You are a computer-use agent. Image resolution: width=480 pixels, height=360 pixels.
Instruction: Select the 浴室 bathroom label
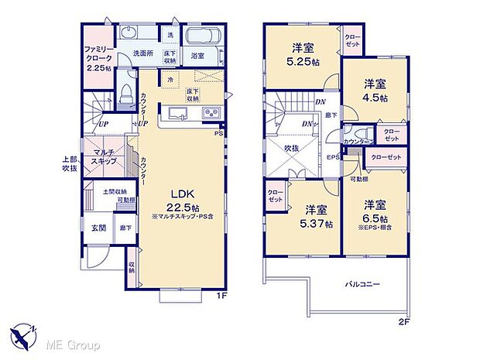coord(198,56)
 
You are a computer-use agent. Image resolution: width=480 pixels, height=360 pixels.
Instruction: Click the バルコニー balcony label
coord(362,284)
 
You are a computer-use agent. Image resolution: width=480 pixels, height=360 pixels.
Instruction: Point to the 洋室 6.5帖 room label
coord(375,211)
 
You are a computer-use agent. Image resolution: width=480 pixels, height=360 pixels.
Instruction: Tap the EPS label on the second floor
coord(333,158)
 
